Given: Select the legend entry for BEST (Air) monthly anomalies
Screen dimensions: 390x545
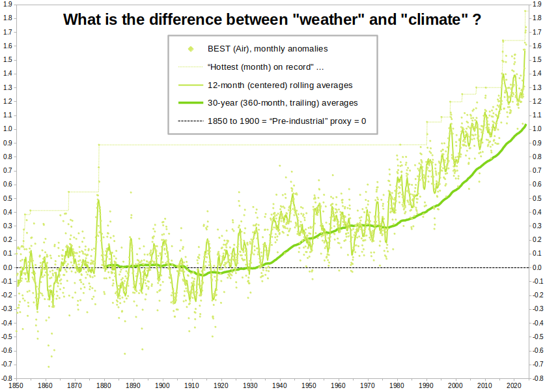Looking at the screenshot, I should (267, 48).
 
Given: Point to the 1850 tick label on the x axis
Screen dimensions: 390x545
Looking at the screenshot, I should (16, 385).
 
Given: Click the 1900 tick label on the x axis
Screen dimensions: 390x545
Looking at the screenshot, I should (163, 385).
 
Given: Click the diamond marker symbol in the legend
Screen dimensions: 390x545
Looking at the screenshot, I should (190, 48).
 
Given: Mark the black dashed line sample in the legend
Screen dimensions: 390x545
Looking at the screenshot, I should (190, 121).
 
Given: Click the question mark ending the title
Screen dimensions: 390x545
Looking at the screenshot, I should (477, 20).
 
